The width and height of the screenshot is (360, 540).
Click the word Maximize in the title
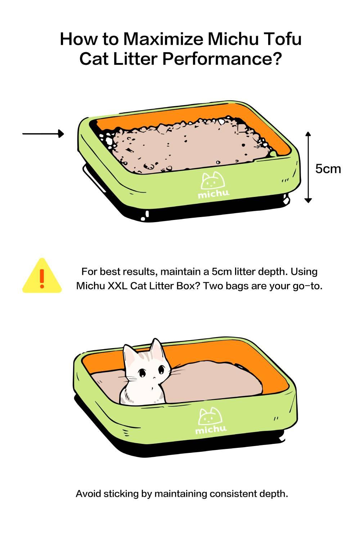click(x=163, y=39)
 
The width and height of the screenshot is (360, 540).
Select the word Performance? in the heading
click(x=222, y=59)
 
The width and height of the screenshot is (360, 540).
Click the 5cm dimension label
click(x=328, y=169)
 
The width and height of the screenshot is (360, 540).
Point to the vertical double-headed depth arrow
click(x=308, y=167)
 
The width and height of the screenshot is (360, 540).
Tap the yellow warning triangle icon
click(x=42, y=275)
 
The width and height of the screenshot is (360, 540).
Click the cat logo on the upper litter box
click(x=213, y=181)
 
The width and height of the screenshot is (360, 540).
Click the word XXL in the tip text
click(x=117, y=286)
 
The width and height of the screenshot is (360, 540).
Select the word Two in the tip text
click(x=210, y=286)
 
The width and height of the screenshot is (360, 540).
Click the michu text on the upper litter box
click(x=213, y=194)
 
